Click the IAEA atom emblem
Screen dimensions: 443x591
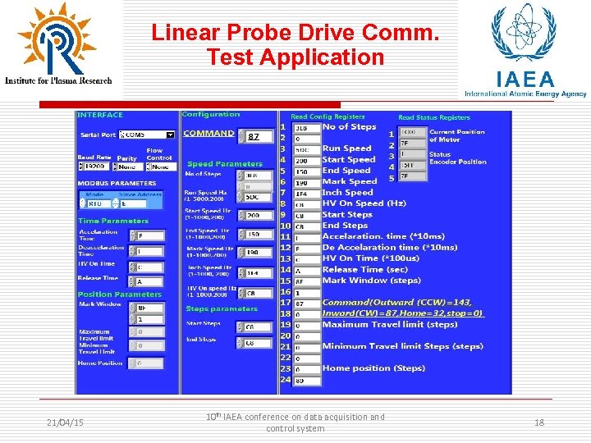(522, 33)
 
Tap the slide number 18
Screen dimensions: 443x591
(539, 422)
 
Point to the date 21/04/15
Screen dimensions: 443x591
(65, 422)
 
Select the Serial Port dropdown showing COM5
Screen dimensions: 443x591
(148, 135)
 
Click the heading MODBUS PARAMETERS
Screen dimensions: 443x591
(116, 183)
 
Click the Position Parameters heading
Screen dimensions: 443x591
(120, 294)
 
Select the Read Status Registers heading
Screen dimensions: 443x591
(433, 117)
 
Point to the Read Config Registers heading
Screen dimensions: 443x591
(328, 116)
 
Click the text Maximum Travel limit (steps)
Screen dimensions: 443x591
(390, 324)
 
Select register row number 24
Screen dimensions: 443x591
(286, 380)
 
